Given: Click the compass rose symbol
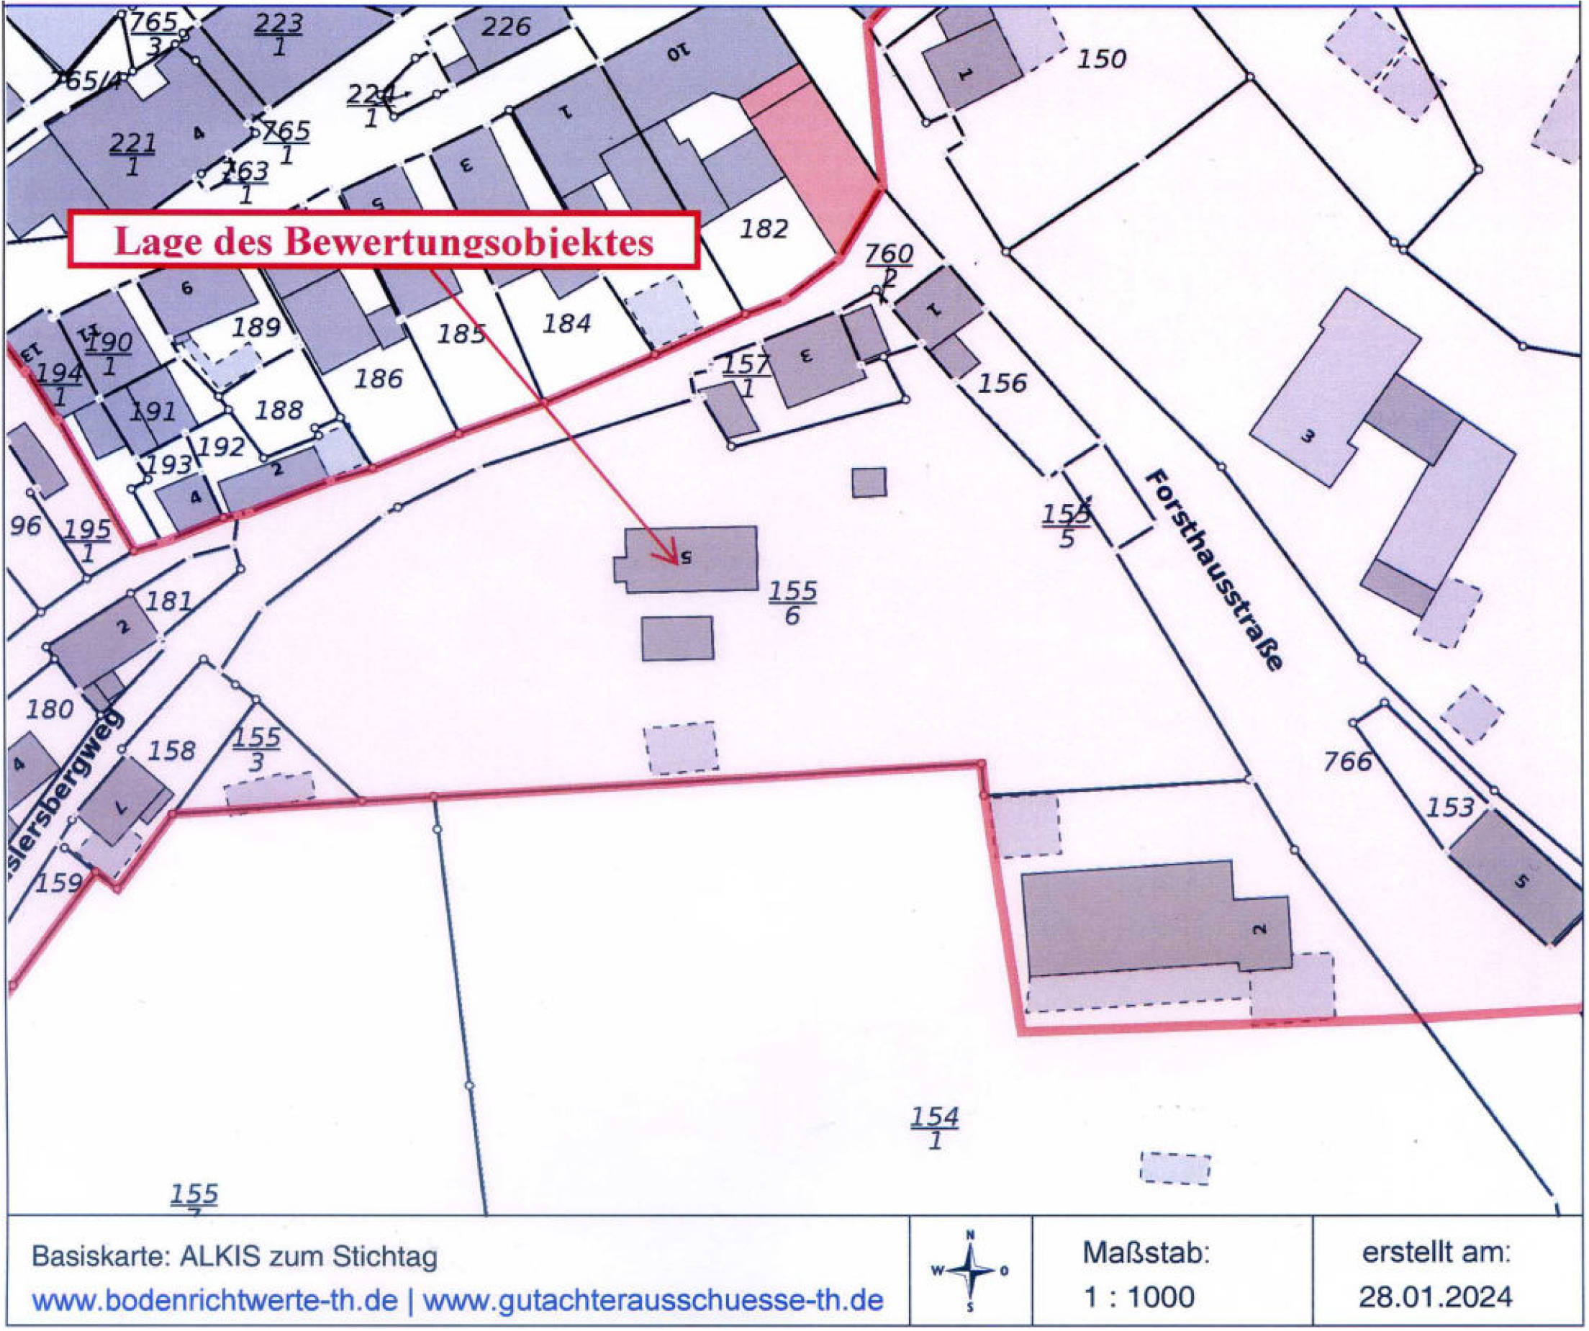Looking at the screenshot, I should point(971,1271).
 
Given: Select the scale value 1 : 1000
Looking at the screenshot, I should point(1139,1297).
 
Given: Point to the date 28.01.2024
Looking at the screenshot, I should point(1436,1297).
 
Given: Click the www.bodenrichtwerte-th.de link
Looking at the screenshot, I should point(214,1301).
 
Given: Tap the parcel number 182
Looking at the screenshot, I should point(764,228).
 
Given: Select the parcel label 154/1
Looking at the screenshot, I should point(935,1127).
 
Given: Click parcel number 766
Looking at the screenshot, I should point(1348,761).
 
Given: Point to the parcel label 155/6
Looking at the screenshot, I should point(792,603).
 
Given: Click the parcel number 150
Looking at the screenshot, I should point(1102,59).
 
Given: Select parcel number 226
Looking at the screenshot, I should point(505,27).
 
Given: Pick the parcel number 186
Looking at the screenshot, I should point(379,379).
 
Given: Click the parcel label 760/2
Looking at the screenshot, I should point(889,265).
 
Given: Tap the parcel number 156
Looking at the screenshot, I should point(1002,384).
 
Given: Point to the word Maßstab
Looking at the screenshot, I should point(1146,1253).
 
